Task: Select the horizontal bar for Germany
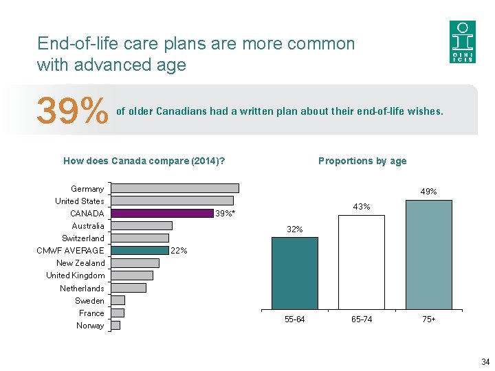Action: (175, 188)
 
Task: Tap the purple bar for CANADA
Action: (162, 213)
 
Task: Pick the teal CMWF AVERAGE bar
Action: (140, 250)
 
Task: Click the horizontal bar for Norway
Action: (115, 325)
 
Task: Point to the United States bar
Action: (172, 201)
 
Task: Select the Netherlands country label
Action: (82, 289)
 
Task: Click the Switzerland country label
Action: (83, 238)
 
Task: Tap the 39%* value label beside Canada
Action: (225, 214)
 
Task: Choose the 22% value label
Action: (179, 251)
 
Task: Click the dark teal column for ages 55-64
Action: (295, 273)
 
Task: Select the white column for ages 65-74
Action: (362, 262)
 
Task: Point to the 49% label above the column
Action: (428, 192)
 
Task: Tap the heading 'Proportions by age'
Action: (362, 161)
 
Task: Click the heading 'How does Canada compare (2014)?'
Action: (144, 161)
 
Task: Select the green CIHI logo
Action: (462, 42)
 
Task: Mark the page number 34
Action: (485, 362)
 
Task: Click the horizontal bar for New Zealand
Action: (135, 262)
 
